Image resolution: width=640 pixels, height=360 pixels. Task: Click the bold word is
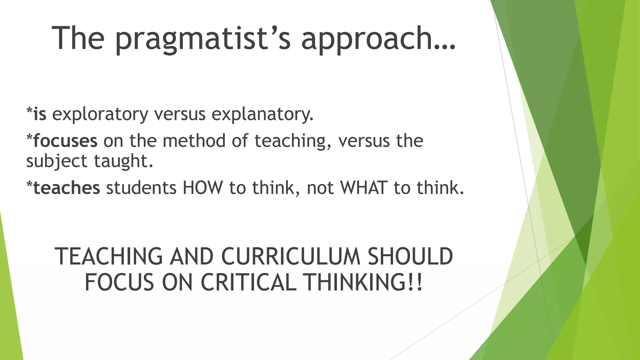coord(40,114)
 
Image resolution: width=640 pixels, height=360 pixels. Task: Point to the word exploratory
coord(100,114)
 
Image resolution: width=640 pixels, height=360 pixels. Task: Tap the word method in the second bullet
coord(194,141)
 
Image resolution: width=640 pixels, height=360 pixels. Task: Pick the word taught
coord(124,161)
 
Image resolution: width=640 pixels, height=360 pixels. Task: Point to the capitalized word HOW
coord(203,188)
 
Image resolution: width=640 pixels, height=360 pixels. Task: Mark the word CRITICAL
coord(248,282)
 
